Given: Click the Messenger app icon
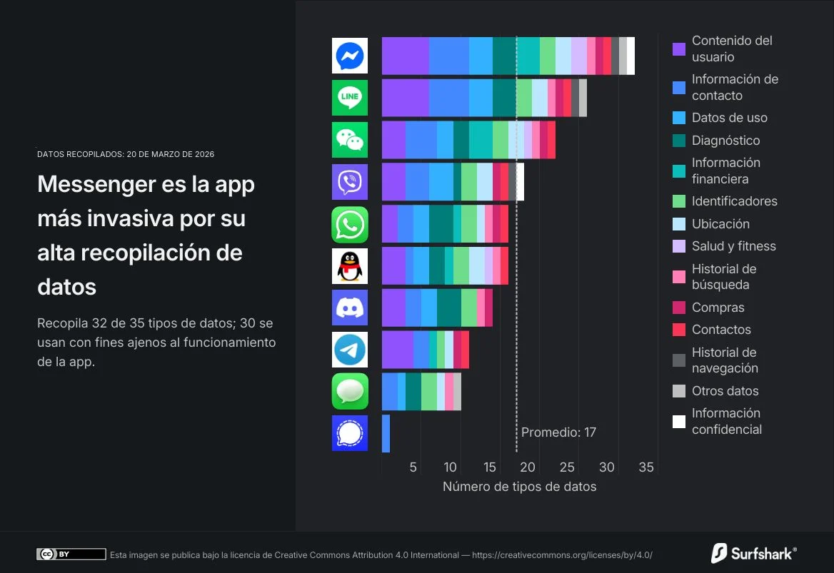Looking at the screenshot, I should pyautogui.click(x=350, y=56).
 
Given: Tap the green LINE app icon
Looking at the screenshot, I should pyautogui.click(x=350, y=98).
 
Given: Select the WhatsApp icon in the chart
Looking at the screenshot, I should pyautogui.click(x=350, y=225).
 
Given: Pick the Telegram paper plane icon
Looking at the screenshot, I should pyautogui.click(x=350, y=350).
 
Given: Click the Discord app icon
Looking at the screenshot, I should pyautogui.click(x=350, y=308).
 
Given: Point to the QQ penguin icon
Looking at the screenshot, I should pyautogui.click(x=350, y=266).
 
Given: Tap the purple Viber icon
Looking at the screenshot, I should pyautogui.click(x=350, y=182).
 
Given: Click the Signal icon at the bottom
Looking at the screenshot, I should pyautogui.click(x=350, y=433).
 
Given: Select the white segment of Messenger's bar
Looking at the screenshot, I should pyautogui.click(x=630, y=56).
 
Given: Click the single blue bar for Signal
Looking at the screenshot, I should pyautogui.click(x=386, y=433).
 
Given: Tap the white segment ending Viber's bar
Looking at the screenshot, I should pyautogui.click(x=520, y=182).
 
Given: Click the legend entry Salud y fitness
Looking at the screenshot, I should pyautogui.click(x=733, y=246).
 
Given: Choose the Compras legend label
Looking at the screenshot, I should pyautogui.click(x=718, y=308).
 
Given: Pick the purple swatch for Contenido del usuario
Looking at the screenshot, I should pyautogui.click(x=679, y=49).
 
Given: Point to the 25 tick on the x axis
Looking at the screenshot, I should pyautogui.click(x=567, y=467).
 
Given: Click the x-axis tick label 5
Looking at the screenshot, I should pyautogui.click(x=413, y=467).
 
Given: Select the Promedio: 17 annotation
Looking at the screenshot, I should pyautogui.click(x=558, y=432).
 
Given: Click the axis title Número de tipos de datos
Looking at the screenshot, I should pyautogui.click(x=519, y=487).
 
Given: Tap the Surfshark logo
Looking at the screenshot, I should pyautogui.click(x=753, y=553).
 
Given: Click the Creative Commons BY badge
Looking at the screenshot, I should pyautogui.click(x=71, y=554).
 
